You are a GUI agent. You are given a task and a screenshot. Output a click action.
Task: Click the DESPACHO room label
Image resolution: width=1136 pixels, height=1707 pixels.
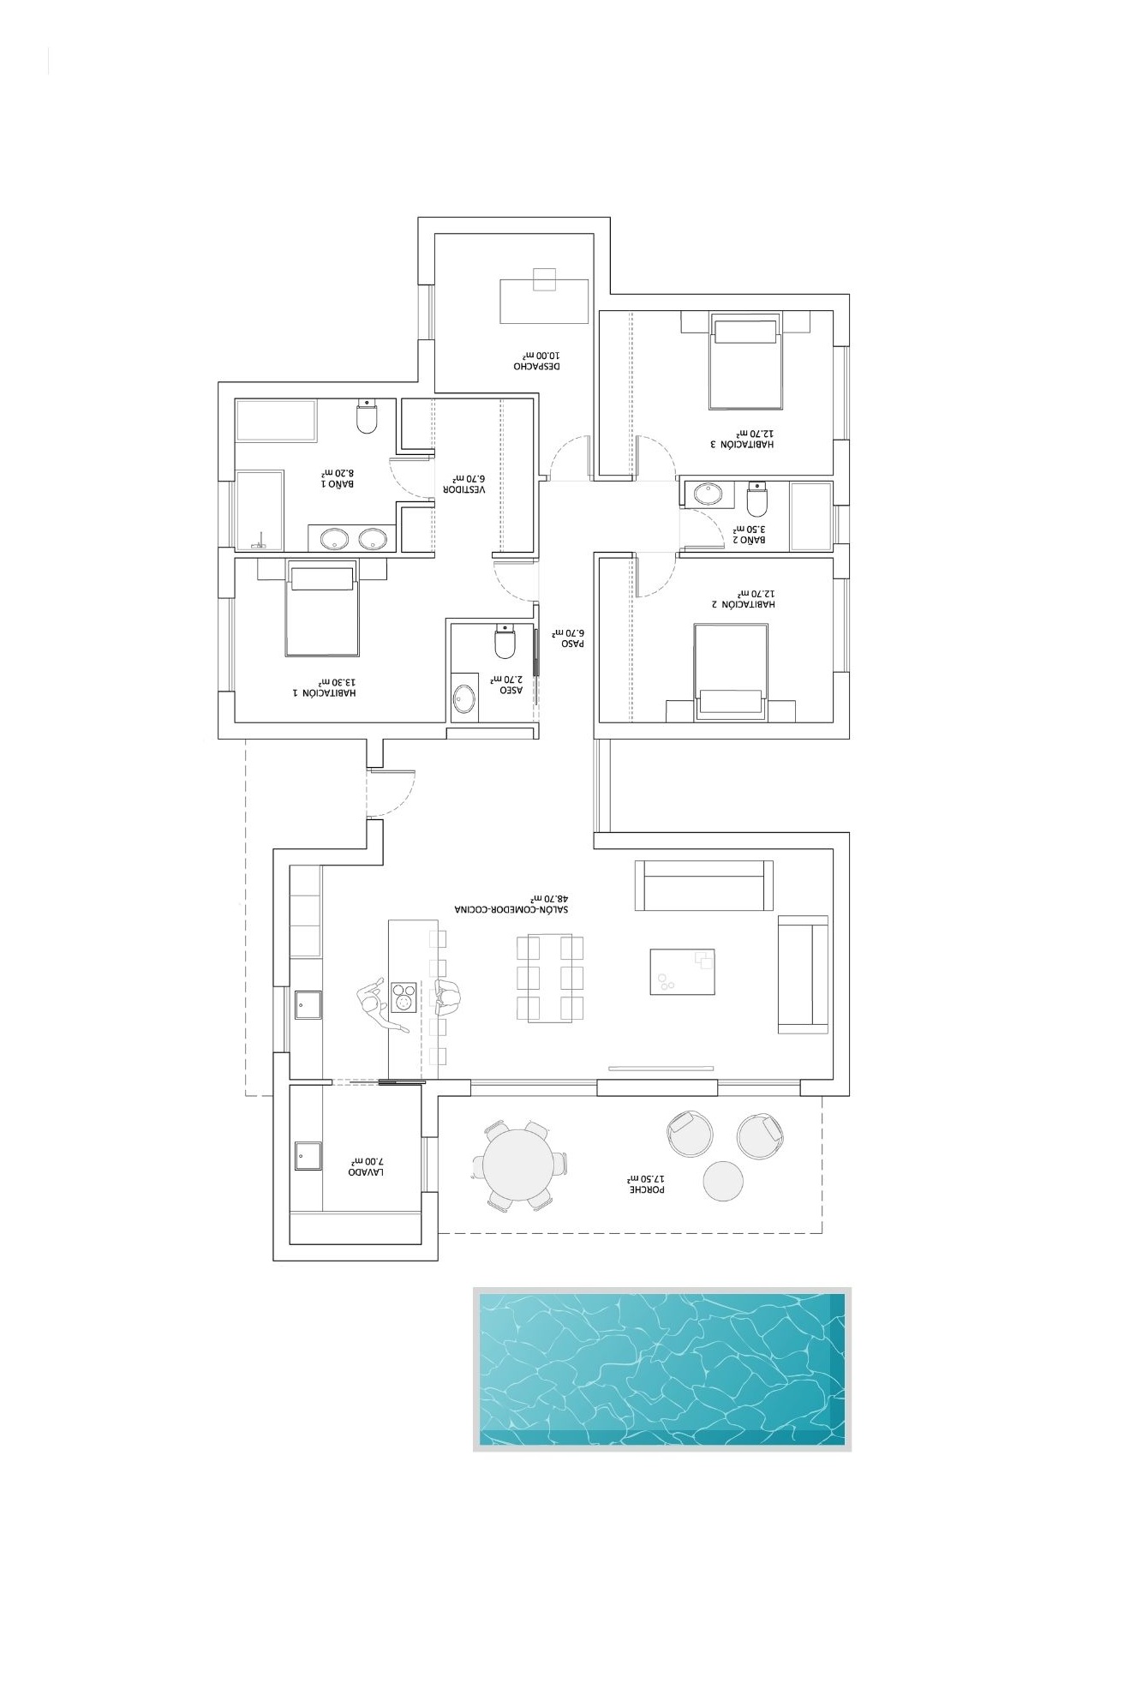coord(537,366)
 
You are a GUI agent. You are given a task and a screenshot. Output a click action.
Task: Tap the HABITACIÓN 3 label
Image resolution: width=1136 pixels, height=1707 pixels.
coord(742,445)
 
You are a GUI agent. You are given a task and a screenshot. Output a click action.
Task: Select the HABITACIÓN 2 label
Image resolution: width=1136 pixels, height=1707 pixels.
coord(742,604)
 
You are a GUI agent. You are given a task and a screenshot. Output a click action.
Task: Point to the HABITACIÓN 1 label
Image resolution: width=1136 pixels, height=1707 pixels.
coord(324,692)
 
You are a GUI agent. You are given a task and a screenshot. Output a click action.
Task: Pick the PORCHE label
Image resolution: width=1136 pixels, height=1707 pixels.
coord(647,1189)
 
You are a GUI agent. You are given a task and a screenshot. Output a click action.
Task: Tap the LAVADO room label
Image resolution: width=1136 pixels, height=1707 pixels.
coord(366,1171)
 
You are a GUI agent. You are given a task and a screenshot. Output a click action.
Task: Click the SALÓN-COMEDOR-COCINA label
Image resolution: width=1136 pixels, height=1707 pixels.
coord(513,908)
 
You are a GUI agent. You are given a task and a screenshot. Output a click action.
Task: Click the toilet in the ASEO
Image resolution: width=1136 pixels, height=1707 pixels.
coord(505,642)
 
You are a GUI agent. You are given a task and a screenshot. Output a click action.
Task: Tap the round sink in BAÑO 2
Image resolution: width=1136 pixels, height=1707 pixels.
coord(708,493)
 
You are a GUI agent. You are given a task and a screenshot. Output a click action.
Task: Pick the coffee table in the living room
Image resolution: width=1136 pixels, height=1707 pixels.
coord(682,971)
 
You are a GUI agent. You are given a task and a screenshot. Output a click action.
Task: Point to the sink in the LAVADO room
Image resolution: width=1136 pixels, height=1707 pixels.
coord(308,1156)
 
